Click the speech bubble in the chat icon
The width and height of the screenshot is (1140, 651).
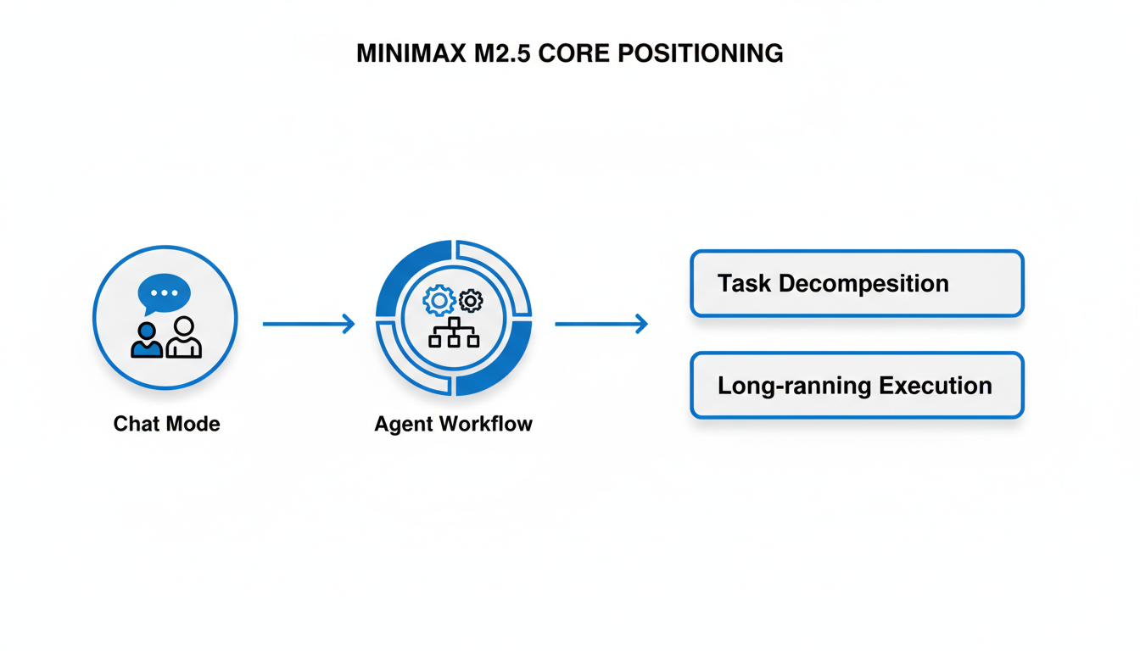pyautogui.click(x=164, y=293)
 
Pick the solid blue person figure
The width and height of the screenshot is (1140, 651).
pyautogui.click(x=147, y=340)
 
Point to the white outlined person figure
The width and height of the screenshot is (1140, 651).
pyautogui.click(x=183, y=338)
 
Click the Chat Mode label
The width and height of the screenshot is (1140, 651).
pyautogui.click(x=166, y=424)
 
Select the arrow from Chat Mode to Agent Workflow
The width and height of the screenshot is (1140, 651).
pyautogui.click(x=308, y=324)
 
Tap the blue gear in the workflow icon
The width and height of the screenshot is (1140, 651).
pyautogui.click(x=439, y=300)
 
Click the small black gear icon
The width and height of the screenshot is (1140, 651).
pyautogui.click(x=471, y=300)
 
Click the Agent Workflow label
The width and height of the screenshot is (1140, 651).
pyautogui.click(x=453, y=424)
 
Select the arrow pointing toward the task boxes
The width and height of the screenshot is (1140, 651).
pyautogui.click(x=601, y=324)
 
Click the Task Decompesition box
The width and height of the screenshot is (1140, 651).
pyautogui.click(x=857, y=283)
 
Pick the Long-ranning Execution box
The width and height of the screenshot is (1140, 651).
pyautogui.click(x=857, y=386)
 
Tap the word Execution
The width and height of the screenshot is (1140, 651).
pyautogui.click(x=936, y=386)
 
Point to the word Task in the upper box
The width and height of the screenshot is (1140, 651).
pyautogui.click(x=744, y=283)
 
